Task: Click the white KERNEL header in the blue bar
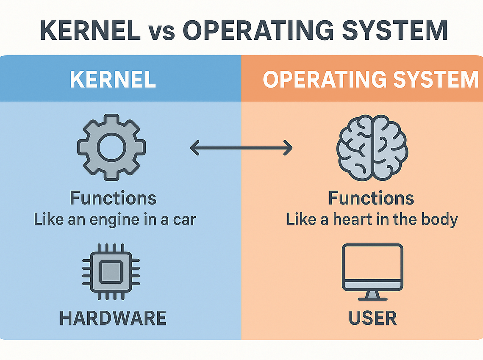tap(113, 79)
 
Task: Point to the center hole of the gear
tap(111, 147)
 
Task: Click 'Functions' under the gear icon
tap(113, 198)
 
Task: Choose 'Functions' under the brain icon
tap(372, 198)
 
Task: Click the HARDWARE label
tap(113, 318)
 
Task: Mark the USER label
tap(372, 318)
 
